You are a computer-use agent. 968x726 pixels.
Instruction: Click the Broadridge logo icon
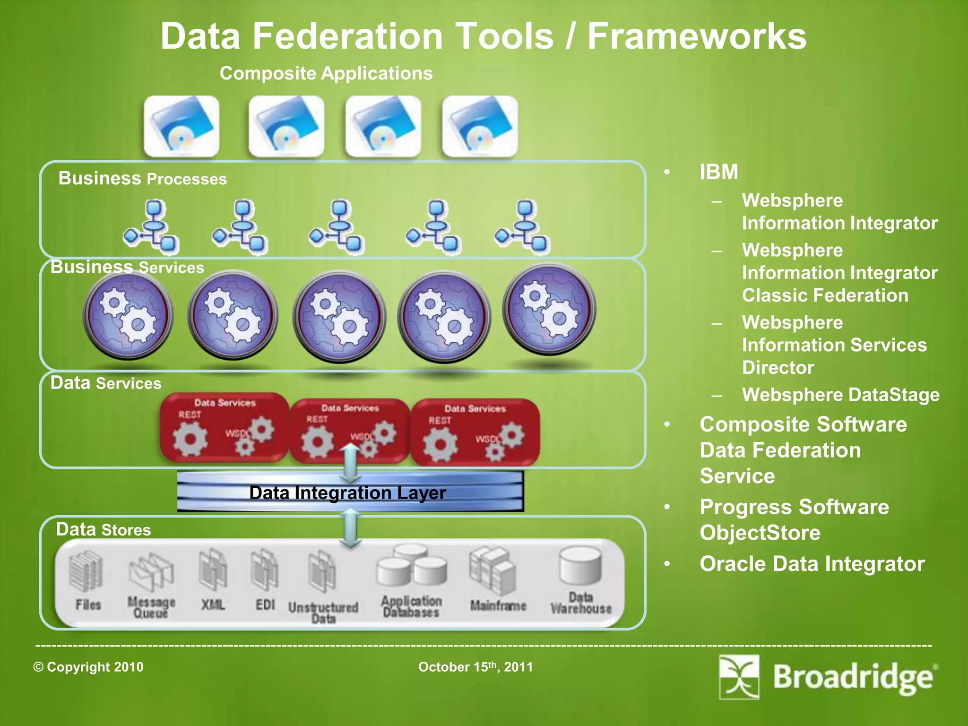pos(739,677)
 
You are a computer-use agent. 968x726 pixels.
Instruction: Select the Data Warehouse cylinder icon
pos(580,566)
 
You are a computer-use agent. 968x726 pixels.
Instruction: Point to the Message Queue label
pos(151,607)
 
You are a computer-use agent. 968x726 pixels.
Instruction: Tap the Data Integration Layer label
pos(347,493)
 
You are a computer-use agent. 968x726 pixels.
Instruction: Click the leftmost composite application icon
pos(181,126)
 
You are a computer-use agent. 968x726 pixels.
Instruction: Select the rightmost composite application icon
pos(480,126)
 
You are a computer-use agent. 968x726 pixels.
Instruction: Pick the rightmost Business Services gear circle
pos(549,309)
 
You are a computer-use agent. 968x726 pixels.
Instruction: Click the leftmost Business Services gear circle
pos(128,315)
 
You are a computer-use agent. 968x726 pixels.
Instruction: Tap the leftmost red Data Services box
pos(224,427)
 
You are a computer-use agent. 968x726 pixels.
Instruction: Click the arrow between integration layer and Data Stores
pos(350,528)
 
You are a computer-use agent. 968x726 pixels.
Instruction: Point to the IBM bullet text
pos(718,172)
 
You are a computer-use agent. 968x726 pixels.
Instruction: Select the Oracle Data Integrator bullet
pos(812,564)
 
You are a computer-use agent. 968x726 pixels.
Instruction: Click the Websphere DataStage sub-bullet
pos(840,395)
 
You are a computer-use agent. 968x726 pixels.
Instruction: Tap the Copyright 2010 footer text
pos(88,667)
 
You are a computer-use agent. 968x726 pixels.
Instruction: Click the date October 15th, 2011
pos(475,667)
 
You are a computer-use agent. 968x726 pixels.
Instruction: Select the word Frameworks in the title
pos(697,36)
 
